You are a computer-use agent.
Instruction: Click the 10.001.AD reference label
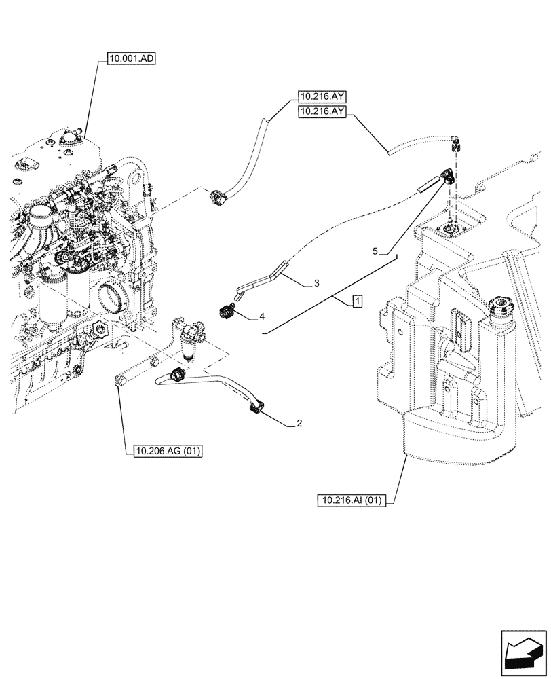click(x=132, y=60)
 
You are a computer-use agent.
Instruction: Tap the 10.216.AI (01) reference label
click(x=351, y=501)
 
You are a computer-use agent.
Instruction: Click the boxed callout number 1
click(x=357, y=302)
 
